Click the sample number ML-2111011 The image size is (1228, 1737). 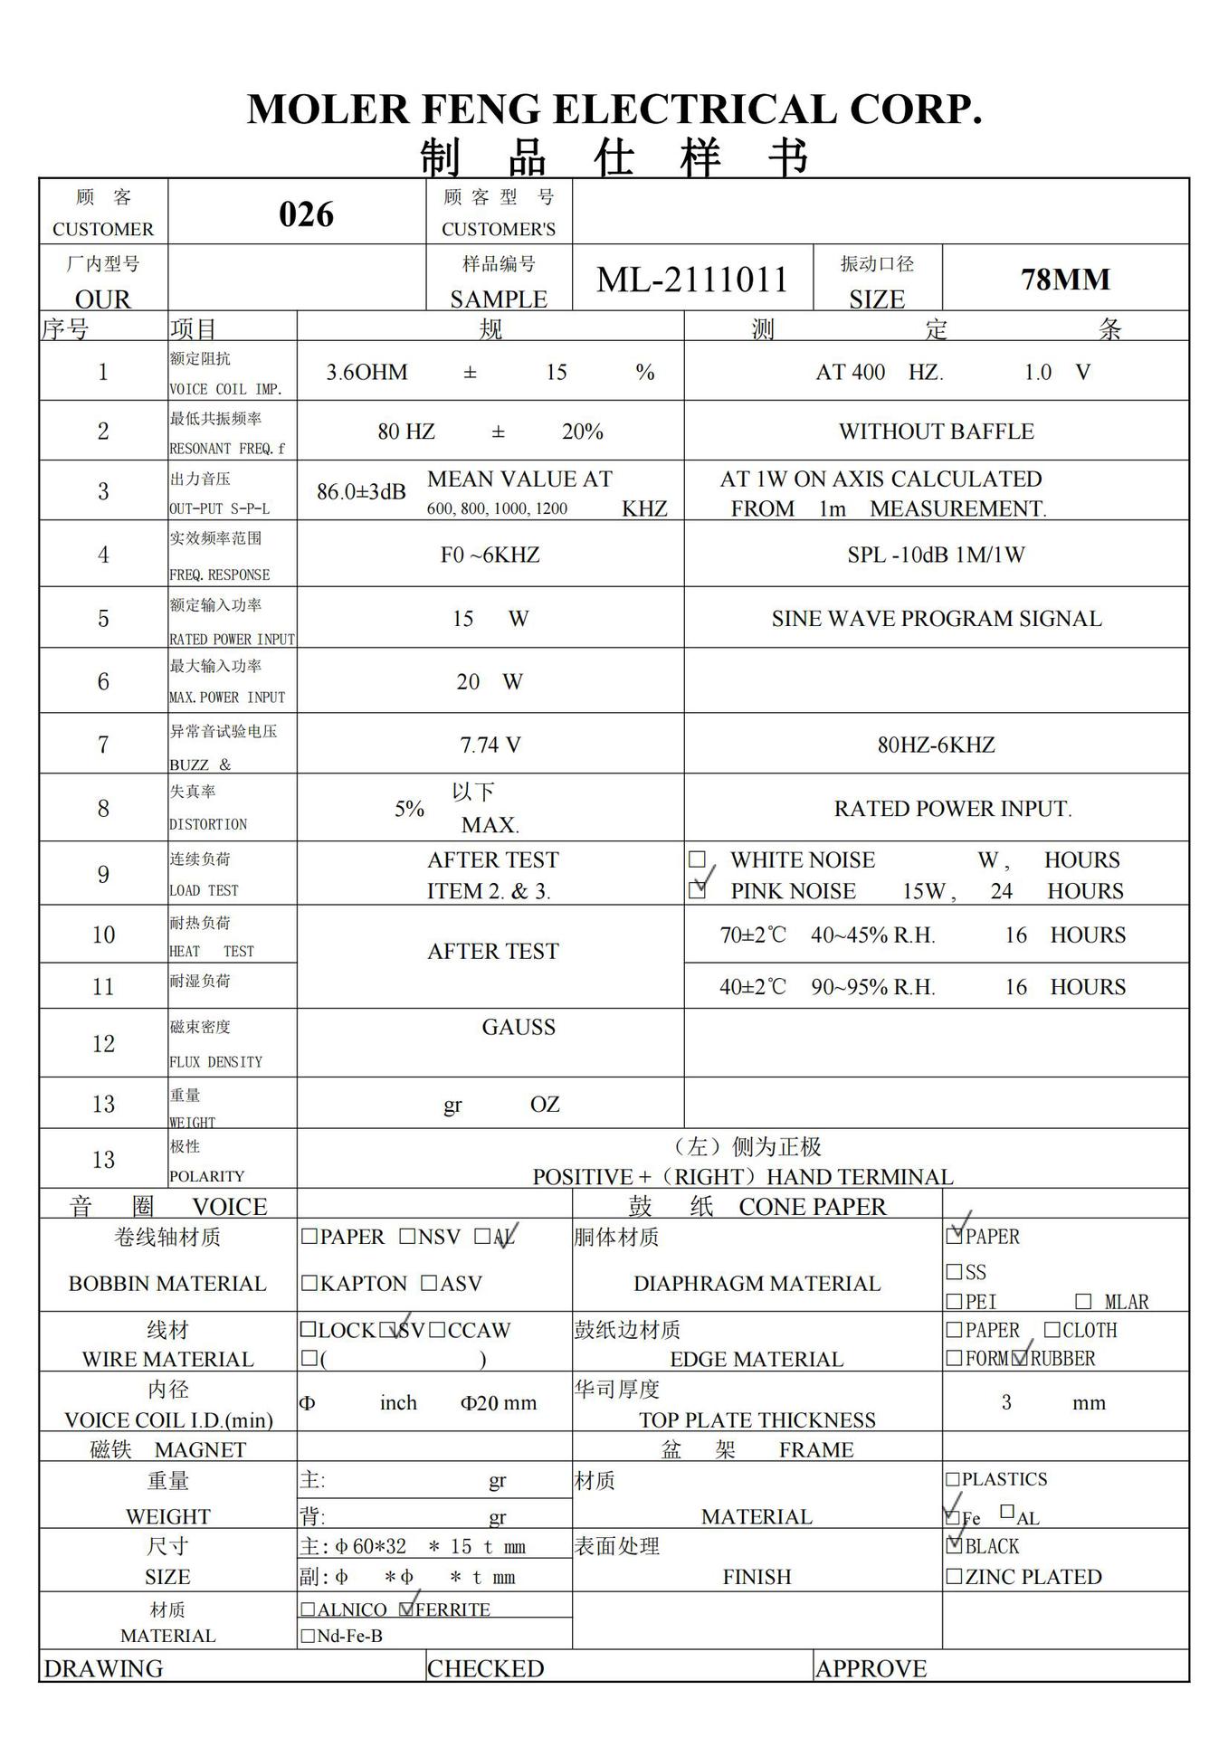pyautogui.click(x=692, y=280)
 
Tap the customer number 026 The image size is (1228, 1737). pyautogui.click(x=306, y=214)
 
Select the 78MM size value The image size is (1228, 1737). pyautogui.click(x=1065, y=280)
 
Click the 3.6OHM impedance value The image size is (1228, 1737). pyautogui.click(x=366, y=372)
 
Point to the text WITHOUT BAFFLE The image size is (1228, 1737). pyautogui.click(x=936, y=432)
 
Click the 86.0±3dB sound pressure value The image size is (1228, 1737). pyautogui.click(x=361, y=492)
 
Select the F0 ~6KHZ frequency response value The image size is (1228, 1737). pyautogui.click(x=490, y=555)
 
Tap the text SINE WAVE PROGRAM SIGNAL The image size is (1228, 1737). pyautogui.click(x=936, y=619)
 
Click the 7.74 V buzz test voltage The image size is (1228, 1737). pyautogui.click(x=490, y=745)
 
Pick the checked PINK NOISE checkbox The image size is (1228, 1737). pyautogui.click(x=697, y=890)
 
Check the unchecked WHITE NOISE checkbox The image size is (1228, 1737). pyautogui.click(x=697, y=859)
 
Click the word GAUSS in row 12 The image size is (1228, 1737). pyautogui.click(x=519, y=1027)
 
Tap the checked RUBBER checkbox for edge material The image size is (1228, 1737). pyautogui.click(x=1021, y=1357)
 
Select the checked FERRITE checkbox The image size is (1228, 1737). pyautogui.click(x=407, y=1609)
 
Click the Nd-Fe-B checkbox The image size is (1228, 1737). pyautogui.click(x=308, y=1636)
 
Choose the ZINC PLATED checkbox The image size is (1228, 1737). pyautogui.click(x=954, y=1576)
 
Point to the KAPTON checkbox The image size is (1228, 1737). pyautogui.click(x=309, y=1283)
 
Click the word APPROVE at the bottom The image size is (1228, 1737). pyautogui.click(x=871, y=1668)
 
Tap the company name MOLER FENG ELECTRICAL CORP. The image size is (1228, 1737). pyautogui.click(x=614, y=109)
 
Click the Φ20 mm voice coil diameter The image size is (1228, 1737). pyautogui.click(x=498, y=1403)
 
